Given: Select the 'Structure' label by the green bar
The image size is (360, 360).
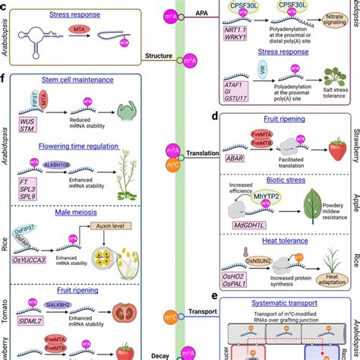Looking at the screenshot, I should click(161, 55).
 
